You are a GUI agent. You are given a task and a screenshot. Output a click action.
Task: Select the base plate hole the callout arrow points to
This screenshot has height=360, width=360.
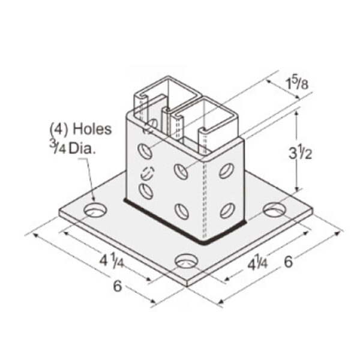(94, 209)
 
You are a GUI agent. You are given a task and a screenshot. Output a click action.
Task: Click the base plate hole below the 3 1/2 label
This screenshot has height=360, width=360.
(275, 209)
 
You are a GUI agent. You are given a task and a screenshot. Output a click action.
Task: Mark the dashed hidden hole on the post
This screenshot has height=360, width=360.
(146, 172)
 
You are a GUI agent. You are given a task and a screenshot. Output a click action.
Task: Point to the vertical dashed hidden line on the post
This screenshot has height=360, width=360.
(205, 192)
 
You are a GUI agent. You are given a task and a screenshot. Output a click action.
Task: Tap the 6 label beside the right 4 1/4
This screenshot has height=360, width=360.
(289, 262)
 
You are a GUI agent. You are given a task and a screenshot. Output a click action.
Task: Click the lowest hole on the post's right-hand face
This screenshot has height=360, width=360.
(227, 210)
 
